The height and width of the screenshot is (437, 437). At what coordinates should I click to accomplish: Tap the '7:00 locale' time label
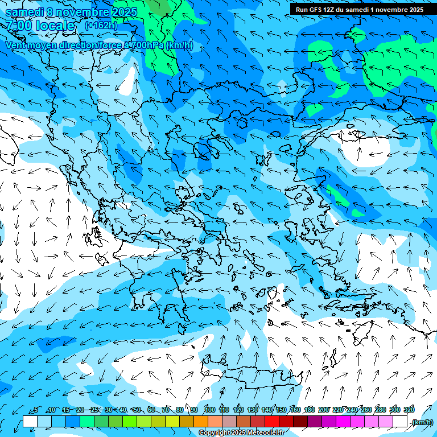tap(40, 26)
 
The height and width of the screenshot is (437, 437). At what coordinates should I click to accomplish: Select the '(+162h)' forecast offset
tap(101, 25)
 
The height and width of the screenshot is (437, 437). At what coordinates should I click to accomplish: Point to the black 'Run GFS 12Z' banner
tap(359, 10)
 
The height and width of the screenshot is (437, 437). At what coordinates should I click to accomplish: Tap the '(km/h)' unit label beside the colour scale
tap(422, 422)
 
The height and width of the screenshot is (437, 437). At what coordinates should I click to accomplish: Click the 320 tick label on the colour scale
tap(408, 410)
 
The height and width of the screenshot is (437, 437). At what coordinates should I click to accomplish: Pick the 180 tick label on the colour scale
tap(309, 410)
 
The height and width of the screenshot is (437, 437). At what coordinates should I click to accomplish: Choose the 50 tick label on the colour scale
tap(137, 410)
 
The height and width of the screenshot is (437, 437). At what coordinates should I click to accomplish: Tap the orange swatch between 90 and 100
tap(201, 422)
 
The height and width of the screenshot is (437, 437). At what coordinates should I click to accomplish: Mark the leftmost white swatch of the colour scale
tap(30, 422)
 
